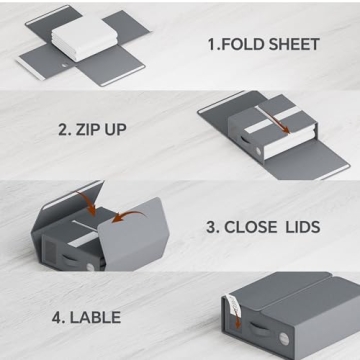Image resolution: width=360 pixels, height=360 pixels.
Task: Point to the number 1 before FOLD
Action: click(x=211, y=45)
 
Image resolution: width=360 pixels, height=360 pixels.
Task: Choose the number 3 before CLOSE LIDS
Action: click(x=211, y=227)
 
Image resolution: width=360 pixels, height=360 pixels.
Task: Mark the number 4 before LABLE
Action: click(x=57, y=317)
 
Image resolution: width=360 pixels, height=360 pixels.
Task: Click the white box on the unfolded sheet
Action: click(x=83, y=39)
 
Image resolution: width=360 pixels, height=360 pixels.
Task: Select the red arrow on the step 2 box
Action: click(x=286, y=123)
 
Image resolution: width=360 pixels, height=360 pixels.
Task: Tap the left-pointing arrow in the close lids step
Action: click(x=120, y=217)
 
